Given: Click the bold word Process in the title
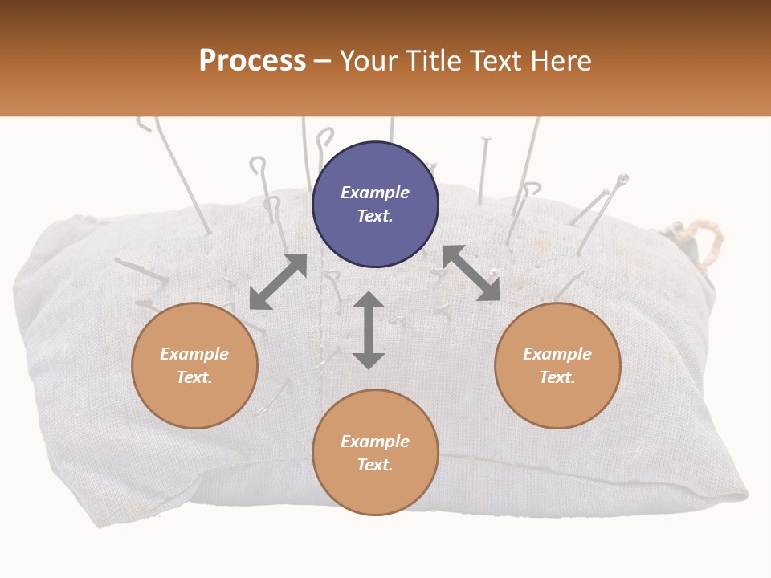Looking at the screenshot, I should click(252, 61).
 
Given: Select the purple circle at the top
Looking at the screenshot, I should click(375, 205).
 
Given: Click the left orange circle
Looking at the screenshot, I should click(194, 365).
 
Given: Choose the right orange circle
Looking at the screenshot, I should click(557, 365).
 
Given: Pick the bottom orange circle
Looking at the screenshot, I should click(375, 453).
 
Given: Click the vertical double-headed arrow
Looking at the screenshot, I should click(369, 330).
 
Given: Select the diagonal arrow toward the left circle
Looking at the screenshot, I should click(278, 282).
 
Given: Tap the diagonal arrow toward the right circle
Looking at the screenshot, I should click(471, 273).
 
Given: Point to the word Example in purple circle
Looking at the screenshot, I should click(375, 193).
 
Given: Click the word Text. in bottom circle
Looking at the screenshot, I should click(375, 465).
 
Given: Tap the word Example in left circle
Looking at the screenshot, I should click(194, 354).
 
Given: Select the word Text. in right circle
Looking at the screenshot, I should click(557, 377).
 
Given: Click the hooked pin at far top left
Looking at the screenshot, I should click(145, 125).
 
